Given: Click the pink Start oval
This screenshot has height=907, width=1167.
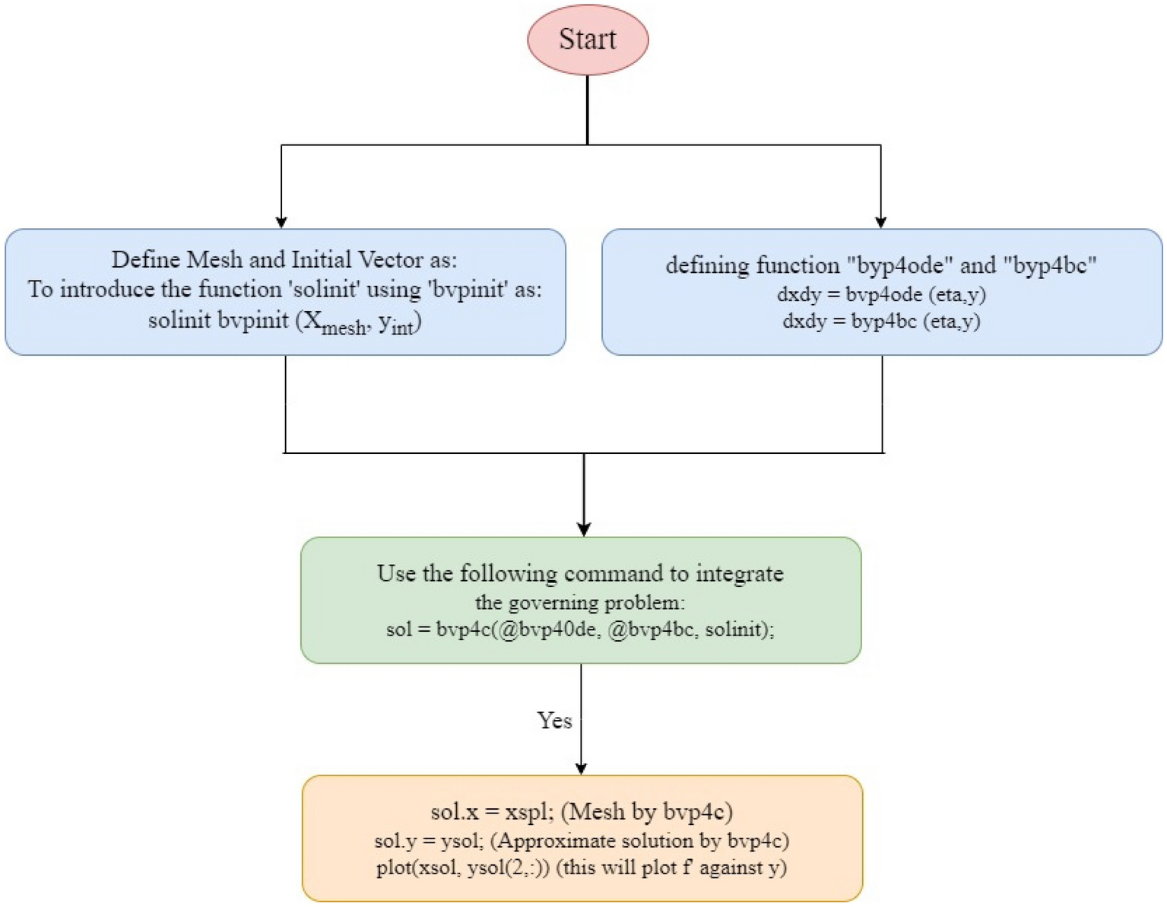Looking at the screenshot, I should (x=588, y=40).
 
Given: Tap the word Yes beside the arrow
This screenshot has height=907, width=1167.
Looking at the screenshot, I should (x=554, y=720).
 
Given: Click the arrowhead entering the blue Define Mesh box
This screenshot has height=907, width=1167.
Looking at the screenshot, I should (x=281, y=221).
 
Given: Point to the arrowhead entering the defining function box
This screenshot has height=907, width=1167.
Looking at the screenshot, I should (x=880, y=221).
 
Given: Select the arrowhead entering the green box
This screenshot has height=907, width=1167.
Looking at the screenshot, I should (x=584, y=529).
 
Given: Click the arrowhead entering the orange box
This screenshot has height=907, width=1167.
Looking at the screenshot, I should (x=581, y=768).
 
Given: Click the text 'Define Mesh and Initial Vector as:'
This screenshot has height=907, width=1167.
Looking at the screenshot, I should (x=284, y=260).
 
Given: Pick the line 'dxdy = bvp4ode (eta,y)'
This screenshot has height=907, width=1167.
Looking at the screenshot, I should (x=881, y=294).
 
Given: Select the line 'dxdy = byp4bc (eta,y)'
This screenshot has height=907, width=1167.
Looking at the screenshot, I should (x=881, y=321).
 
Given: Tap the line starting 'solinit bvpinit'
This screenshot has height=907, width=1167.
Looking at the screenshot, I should (x=284, y=322).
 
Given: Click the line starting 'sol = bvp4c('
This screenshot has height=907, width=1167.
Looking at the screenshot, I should (x=580, y=630).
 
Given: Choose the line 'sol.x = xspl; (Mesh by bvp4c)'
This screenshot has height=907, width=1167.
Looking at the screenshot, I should (x=582, y=812).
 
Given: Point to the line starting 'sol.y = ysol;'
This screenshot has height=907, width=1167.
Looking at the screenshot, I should (x=582, y=841).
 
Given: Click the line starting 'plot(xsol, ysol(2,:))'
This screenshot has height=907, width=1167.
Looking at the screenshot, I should (x=582, y=867).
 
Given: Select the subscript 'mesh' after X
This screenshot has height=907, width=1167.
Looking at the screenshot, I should (x=344, y=328).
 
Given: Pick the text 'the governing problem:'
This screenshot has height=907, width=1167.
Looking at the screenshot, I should (x=580, y=603).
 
